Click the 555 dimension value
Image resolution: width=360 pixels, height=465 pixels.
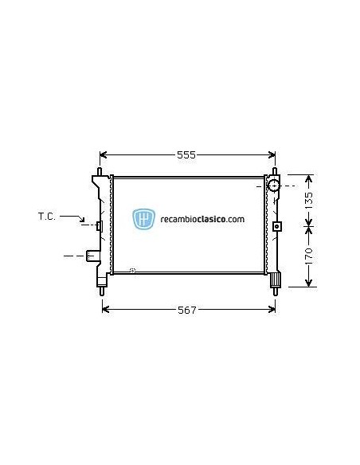[x=186, y=154]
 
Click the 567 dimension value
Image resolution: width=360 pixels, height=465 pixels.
[x=186, y=309]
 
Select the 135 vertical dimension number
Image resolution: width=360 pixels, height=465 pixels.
[x=310, y=199]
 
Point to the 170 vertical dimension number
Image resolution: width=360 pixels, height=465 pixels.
[x=310, y=255]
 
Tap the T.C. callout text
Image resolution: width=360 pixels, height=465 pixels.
[x=46, y=216]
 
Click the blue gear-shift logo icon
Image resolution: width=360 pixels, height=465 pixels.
[x=145, y=219]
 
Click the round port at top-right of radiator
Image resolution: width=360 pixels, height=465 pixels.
[x=273, y=186]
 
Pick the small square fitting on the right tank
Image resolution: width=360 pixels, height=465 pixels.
[x=276, y=225]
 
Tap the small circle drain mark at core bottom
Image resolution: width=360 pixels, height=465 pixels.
[x=133, y=272]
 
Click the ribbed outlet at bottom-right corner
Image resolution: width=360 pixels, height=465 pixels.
[x=276, y=280]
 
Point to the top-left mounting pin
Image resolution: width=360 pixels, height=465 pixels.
[x=100, y=171]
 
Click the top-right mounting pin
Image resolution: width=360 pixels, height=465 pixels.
[x=276, y=171]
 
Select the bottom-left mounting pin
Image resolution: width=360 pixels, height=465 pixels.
[x=103, y=291]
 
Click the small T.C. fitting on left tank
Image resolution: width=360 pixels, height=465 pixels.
[x=99, y=226]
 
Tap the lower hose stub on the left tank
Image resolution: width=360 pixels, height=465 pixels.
[x=94, y=256]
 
